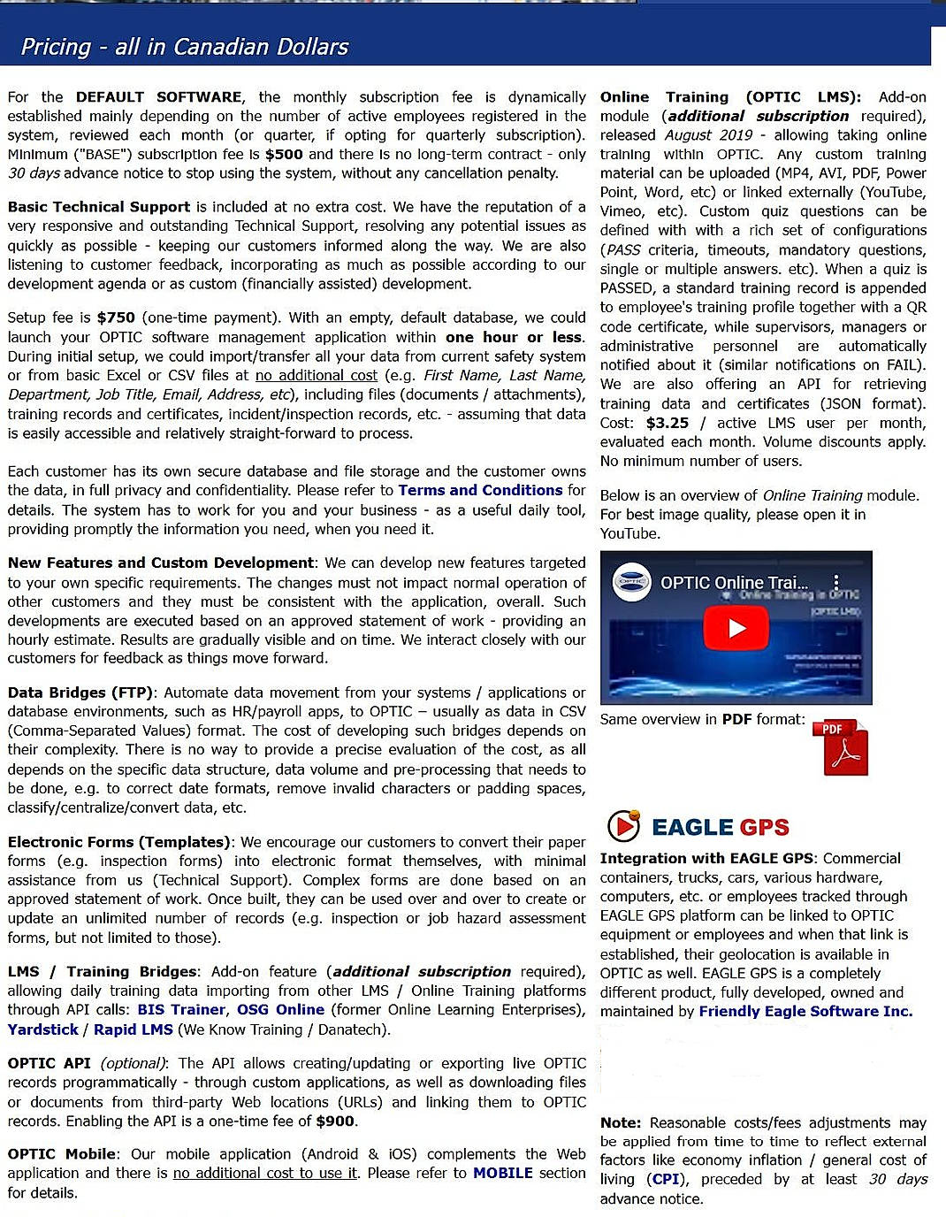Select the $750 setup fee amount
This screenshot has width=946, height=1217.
116,318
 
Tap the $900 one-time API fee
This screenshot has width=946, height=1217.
335,1121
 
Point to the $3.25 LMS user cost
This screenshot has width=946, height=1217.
668,423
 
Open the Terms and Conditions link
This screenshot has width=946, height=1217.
480,490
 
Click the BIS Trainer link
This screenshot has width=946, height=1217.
181,1009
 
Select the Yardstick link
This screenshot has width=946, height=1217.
42,1029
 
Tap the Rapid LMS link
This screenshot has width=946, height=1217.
133,1029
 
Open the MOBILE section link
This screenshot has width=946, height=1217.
502,1173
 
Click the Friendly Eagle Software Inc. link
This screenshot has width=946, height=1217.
805,1011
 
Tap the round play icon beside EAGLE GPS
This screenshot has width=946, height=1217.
623,826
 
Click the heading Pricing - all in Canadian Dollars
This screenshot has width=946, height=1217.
184,47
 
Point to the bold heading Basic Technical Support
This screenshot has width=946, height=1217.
99,207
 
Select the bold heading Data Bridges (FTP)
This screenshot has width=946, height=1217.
80,693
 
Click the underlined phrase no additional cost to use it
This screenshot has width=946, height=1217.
265,1173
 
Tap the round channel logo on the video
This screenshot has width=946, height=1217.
631,583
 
